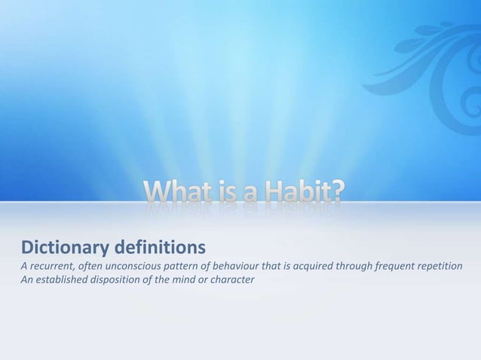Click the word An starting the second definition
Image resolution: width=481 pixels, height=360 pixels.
point(26,282)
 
